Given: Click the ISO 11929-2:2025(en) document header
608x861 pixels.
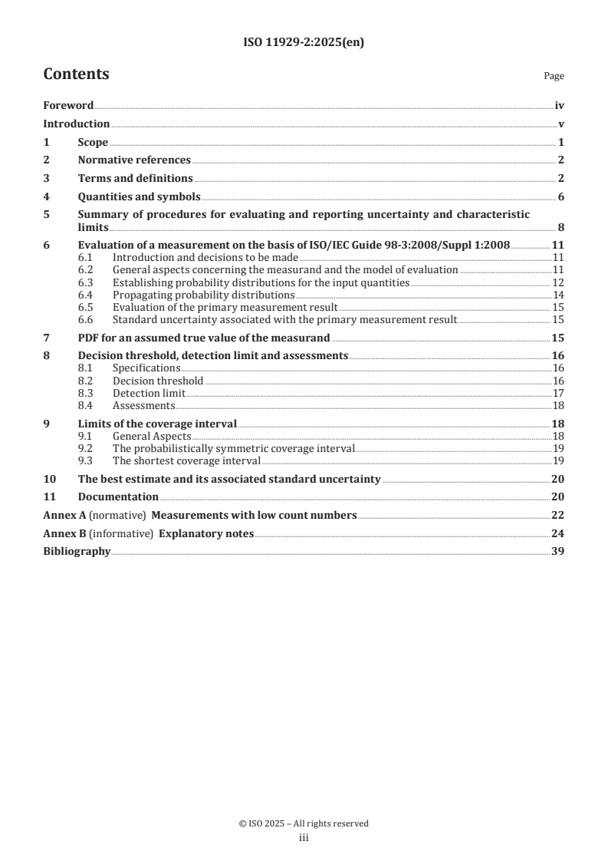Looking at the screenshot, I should coord(304,43).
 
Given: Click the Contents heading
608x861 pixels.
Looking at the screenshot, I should coord(76,74).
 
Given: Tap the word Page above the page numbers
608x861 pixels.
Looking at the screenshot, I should coord(554,77).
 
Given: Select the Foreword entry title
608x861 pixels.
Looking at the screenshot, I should coord(68,106).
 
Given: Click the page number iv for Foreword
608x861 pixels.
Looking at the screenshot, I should coord(559,106).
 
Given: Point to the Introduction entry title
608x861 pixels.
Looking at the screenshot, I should coord(76,124).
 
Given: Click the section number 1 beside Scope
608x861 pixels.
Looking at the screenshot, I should coord(46,143).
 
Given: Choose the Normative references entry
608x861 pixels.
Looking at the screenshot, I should coord(134,160).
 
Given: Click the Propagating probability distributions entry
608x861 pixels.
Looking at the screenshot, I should coord(203,295).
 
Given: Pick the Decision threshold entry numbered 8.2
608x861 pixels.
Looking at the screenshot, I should coord(157,381).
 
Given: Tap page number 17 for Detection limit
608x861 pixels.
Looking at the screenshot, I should coord(558,393).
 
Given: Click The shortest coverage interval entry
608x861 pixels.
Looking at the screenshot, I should coord(186,461).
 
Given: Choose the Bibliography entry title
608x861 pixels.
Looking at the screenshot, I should coord(77,552).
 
